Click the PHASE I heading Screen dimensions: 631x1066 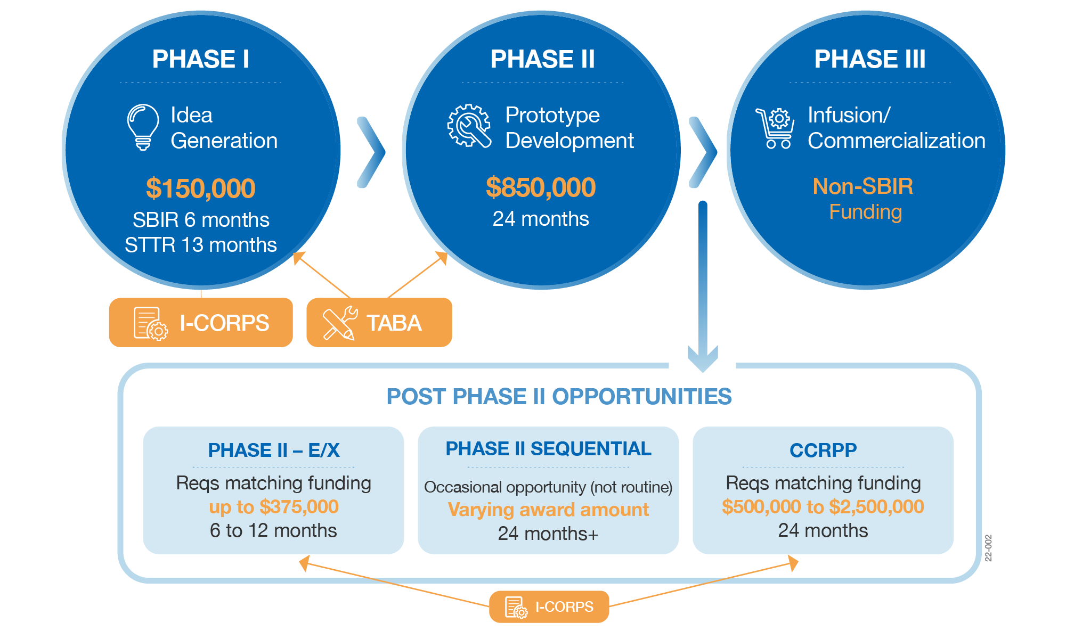[200, 59]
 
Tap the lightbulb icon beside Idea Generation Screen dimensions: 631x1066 [143, 127]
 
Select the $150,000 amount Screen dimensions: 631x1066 [201, 189]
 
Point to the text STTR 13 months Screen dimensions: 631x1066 [200, 245]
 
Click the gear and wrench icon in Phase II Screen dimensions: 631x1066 [469, 126]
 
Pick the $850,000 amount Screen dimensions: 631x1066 [541, 187]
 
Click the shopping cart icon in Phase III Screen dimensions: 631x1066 [776, 128]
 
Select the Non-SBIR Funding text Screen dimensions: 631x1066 [864, 199]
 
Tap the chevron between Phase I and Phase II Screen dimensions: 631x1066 [371, 152]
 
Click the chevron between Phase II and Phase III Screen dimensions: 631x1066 [703, 152]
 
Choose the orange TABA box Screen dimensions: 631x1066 [379, 323]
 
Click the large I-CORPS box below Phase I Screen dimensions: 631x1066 [201, 323]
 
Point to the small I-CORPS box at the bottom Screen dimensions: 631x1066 [549, 607]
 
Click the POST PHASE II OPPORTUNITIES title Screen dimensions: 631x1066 [559, 397]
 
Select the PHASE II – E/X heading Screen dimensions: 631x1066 [273, 450]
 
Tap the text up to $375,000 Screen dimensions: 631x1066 [273, 507]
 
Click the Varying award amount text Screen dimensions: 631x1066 [548, 510]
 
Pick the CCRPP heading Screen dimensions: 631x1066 [823, 450]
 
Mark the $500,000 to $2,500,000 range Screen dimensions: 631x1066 [823, 507]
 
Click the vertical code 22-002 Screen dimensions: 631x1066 [988, 548]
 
